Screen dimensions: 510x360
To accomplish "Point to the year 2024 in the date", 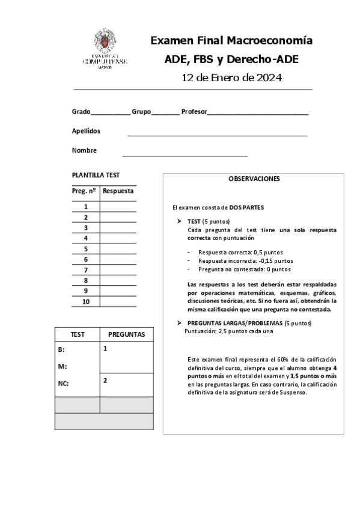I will pyautogui.click(x=269, y=78).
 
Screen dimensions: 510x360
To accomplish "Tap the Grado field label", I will pyautogui.click(x=81, y=111).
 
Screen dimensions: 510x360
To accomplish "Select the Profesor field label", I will pyautogui.click(x=194, y=111).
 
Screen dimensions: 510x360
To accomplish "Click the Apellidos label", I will pyautogui.click(x=86, y=131).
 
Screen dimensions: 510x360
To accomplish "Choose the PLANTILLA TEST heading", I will pyautogui.click(x=96, y=175).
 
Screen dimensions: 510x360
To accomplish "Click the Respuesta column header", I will pyautogui.click(x=118, y=191).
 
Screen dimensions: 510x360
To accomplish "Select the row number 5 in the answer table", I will pyautogui.click(x=86, y=248).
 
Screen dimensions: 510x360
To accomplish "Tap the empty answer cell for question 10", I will pyautogui.click(x=118, y=301).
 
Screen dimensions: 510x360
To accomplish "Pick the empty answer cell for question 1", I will pyautogui.click(x=118, y=206).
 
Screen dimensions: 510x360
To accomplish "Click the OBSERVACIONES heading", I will pyautogui.click(x=254, y=179).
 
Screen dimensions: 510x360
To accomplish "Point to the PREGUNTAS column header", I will pyautogui.click(x=126, y=334).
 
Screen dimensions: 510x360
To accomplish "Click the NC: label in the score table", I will pyautogui.click(x=63, y=382).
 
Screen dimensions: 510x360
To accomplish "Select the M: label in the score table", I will pyautogui.click(x=62, y=366).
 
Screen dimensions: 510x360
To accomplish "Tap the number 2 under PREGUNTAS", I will pyautogui.click(x=105, y=380).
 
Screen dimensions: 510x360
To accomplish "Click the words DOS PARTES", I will pyautogui.click(x=246, y=207).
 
